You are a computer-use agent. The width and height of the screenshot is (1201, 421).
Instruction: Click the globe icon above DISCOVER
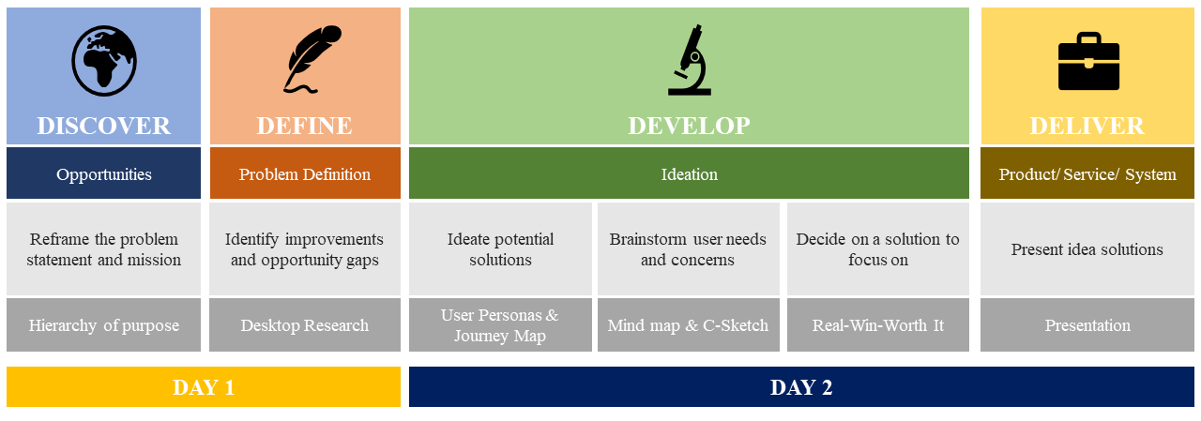(x=104, y=61)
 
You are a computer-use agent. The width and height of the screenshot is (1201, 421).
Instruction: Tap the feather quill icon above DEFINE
(x=312, y=59)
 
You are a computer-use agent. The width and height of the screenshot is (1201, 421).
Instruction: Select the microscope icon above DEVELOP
(x=690, y=60)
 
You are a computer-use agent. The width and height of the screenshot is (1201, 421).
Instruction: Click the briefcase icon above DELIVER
(x=1088, y=61)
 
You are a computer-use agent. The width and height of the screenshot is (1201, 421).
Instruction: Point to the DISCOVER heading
(x=104, y=126)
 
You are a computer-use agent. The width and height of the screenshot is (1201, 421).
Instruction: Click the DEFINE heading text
(x=305, y=126)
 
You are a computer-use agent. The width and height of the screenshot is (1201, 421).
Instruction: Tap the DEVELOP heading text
(x=689, y=126)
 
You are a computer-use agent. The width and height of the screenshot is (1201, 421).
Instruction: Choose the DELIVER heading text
(x=1087, y=126)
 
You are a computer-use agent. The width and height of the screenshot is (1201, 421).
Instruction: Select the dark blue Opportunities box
(x=103, y=173)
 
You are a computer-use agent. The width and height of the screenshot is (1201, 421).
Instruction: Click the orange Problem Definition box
(x=305, y=173)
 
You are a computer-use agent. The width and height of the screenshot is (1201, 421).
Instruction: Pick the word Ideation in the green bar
(x=689, y=174)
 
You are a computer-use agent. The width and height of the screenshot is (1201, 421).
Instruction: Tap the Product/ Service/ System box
(x=1087, y=173)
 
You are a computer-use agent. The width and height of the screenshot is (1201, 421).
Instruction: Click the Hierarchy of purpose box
(x=103, y=324)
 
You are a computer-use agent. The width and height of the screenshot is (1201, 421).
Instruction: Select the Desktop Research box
(x=305, y=324)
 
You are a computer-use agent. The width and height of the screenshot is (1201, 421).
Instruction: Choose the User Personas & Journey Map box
(x=500, y=324)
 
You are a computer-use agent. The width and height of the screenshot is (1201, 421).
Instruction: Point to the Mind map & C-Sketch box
(x=689, y=324)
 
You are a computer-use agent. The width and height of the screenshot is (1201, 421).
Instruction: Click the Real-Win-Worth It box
(x=878, y=324)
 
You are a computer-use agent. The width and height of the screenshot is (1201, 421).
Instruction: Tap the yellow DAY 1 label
(x=204, y=386)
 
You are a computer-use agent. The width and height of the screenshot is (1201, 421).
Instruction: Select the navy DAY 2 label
(x=801, y=386)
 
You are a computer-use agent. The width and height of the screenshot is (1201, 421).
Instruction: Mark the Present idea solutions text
(x=1087, y=249)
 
